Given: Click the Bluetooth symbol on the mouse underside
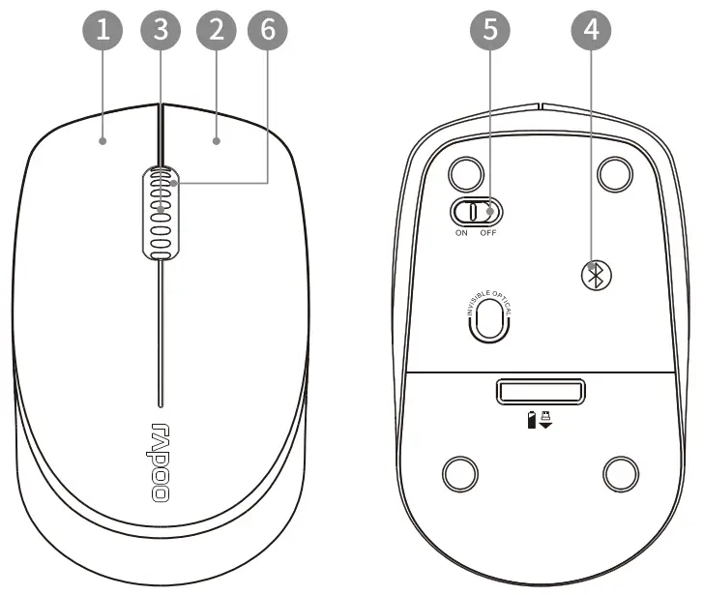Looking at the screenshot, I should point(597,274).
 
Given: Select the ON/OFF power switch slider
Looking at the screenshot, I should point(475,211).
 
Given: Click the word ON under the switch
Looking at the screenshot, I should point(461,233).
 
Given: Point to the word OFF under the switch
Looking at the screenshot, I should point(487,233).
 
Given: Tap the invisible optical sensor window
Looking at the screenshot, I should point(489,318).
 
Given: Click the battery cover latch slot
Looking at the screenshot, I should point(541,392).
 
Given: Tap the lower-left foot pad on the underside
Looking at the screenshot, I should point(460,473).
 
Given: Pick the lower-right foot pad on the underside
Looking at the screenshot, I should point(620,473).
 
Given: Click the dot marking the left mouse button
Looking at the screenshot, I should point(103,141).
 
